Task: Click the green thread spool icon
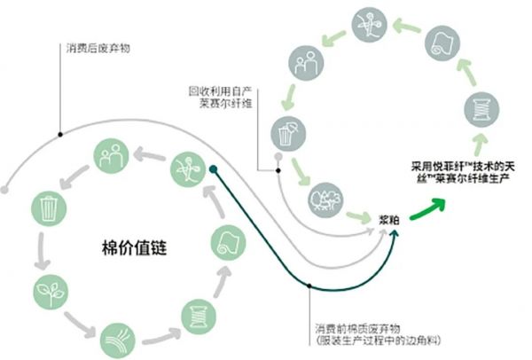tap(194, 315)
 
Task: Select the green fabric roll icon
tap(226, 241)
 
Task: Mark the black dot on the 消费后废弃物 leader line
tap(59, 135)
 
